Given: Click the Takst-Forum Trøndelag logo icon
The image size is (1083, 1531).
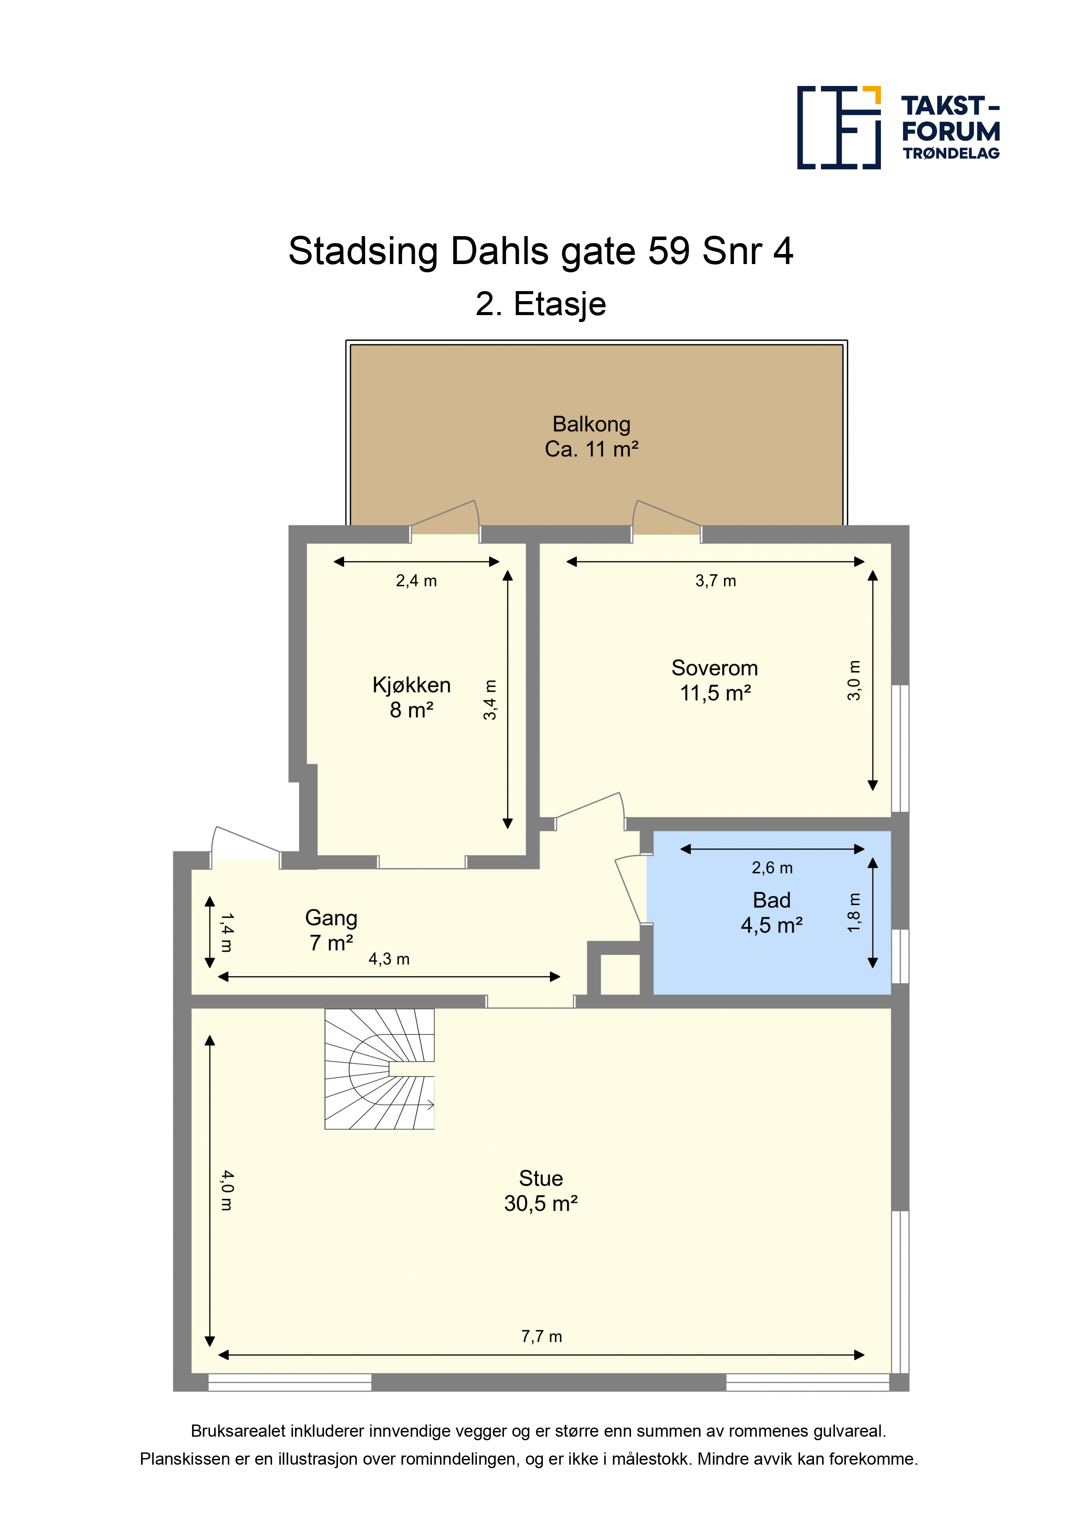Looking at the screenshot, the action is click(x=839, y=127).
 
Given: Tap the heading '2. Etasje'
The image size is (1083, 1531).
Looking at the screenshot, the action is click(x=541, y=304).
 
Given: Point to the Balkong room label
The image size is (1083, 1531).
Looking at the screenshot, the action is click(x=591, y=424).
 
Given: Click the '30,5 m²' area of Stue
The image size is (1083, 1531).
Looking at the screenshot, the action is click(x=541, y=1203).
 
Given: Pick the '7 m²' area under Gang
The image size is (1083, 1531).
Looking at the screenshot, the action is click(x=331, y=942).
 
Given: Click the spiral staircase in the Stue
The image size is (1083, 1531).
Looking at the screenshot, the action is click(x=379, y=1068).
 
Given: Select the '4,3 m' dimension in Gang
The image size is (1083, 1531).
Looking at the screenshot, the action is click(x=389, y=959).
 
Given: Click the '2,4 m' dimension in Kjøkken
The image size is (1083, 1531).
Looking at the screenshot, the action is click(x=416, y=581).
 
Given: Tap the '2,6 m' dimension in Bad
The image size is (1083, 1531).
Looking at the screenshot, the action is click(x=772, y=868).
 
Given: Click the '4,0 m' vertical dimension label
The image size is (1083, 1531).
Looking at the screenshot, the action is click(x=227, y=1190).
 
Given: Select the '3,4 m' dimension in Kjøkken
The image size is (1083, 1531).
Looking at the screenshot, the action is click(x=490, y=700).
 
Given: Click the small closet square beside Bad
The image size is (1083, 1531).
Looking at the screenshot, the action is click(x=620, y=974).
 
